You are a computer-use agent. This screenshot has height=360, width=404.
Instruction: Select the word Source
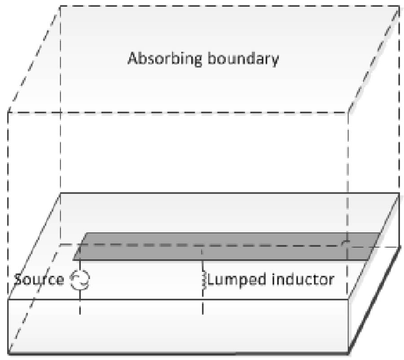39,280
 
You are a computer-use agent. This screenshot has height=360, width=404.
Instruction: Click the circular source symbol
80,280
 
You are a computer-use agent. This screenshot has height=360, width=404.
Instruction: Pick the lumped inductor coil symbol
203,280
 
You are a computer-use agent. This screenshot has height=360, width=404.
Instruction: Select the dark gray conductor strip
224,246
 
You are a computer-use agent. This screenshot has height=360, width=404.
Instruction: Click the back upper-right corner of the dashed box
399,6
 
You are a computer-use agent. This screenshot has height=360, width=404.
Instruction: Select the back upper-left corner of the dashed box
60,6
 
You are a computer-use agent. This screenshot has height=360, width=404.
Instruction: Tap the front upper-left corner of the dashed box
8,111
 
